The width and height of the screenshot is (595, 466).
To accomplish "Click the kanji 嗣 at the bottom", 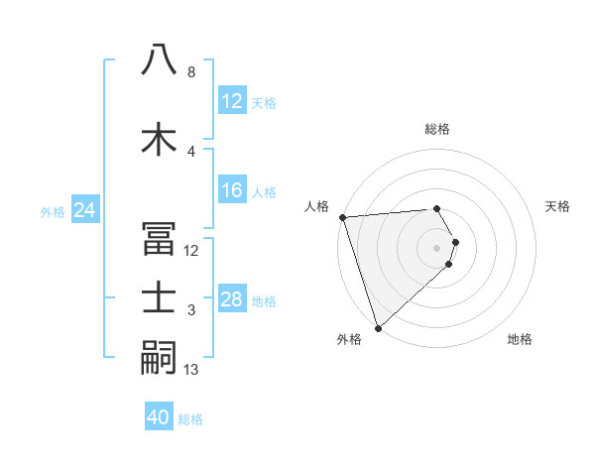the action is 160,357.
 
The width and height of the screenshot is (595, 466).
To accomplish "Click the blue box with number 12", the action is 231,101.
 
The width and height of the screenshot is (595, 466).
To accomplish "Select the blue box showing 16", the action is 231,190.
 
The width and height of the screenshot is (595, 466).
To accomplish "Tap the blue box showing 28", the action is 231,299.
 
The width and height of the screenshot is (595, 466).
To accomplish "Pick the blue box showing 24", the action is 84,210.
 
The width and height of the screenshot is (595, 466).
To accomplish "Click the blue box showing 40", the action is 158,417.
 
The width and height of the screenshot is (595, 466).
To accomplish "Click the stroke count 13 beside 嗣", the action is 192,370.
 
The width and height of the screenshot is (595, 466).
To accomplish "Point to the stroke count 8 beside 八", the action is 190,72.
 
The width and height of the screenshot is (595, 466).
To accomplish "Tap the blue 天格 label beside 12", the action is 264,102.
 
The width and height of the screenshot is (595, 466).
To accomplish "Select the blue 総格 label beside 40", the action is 190,419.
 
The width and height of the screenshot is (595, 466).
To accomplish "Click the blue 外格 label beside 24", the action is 53,211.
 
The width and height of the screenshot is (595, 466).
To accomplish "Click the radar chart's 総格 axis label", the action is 436,129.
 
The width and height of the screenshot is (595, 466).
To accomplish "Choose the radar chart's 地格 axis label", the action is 520,339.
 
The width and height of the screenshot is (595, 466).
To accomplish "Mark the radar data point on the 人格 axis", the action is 342,217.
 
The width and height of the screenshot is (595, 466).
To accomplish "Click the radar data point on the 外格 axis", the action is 378,326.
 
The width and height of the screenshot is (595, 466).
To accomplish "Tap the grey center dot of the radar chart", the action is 436,247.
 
